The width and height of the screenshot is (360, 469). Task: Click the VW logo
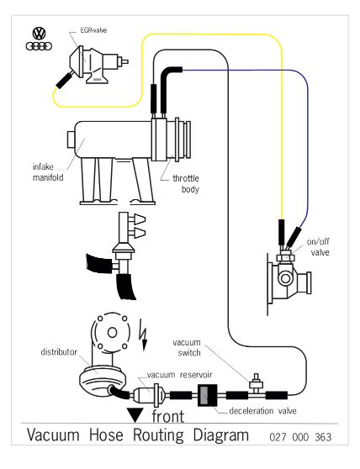[x=39, y=34]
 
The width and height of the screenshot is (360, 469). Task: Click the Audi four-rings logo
[x=39, y=46]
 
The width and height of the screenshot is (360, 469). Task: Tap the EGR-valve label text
[x=93, y=30]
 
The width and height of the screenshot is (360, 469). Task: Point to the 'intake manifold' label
[x=48, y=172]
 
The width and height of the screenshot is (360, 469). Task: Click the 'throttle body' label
[x=186, y=184]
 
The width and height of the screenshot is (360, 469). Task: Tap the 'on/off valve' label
[x=318, y=247]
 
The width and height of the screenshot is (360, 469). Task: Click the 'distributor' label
[x=59, y=352]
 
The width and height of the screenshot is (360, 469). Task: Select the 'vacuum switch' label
[x=187, y=348]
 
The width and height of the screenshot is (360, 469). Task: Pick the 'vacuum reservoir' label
[x=179, y=375]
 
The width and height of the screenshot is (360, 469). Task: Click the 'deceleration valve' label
[x=262, y=411]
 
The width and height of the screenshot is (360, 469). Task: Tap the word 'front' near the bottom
[x=168, y=416]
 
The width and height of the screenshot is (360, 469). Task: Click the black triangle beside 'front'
[x=135, y=414]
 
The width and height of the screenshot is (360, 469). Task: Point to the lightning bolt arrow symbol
[x=144, y=338]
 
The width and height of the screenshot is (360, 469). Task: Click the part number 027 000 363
[x=300, y=437]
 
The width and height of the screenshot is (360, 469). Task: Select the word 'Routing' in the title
[x=158, y=435]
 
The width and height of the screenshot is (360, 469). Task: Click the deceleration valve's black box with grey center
[x=207, y=395]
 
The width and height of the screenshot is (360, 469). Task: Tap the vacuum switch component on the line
[x=257, y=384]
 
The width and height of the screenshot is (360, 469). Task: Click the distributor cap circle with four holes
[x=112, y=332]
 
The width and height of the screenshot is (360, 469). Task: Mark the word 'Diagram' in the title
[x=221, y=435]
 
